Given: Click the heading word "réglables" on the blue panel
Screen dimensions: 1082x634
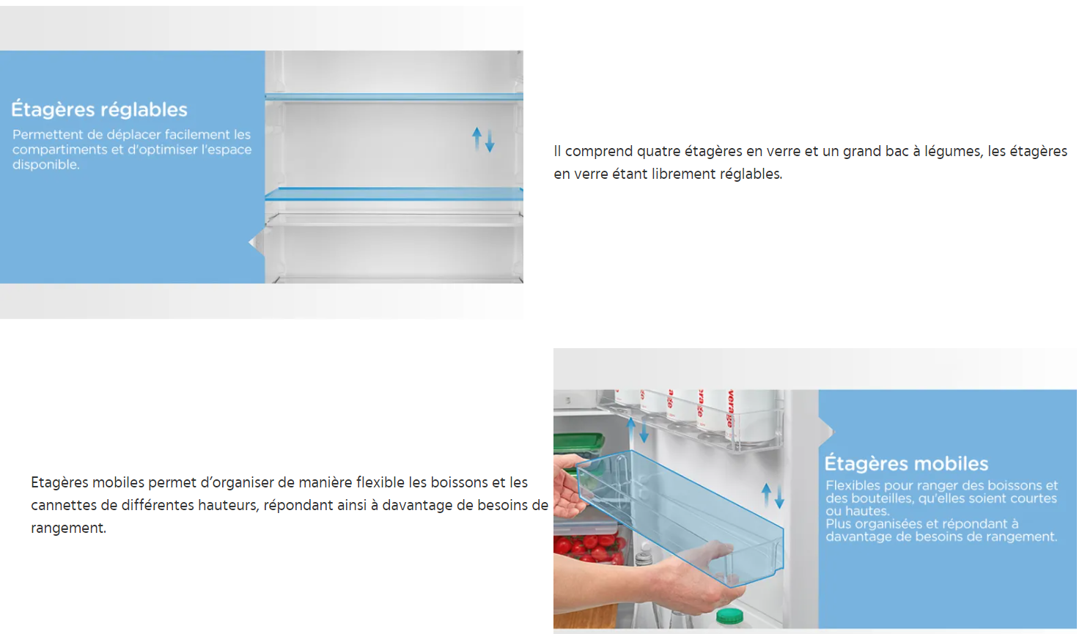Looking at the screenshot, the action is click(145, 110).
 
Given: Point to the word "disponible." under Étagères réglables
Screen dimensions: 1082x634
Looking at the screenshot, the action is click(46, 165).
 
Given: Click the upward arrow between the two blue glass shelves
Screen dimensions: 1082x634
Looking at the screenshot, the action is click(476, 138).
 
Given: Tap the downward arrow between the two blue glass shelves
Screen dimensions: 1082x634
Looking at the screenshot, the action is click(490, 141).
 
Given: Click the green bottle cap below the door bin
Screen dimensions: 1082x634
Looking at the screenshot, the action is click(729, 616).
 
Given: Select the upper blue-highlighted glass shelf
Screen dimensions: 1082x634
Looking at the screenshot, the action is click(394, 97).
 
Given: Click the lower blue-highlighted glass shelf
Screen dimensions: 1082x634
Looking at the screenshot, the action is click(394, 194).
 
